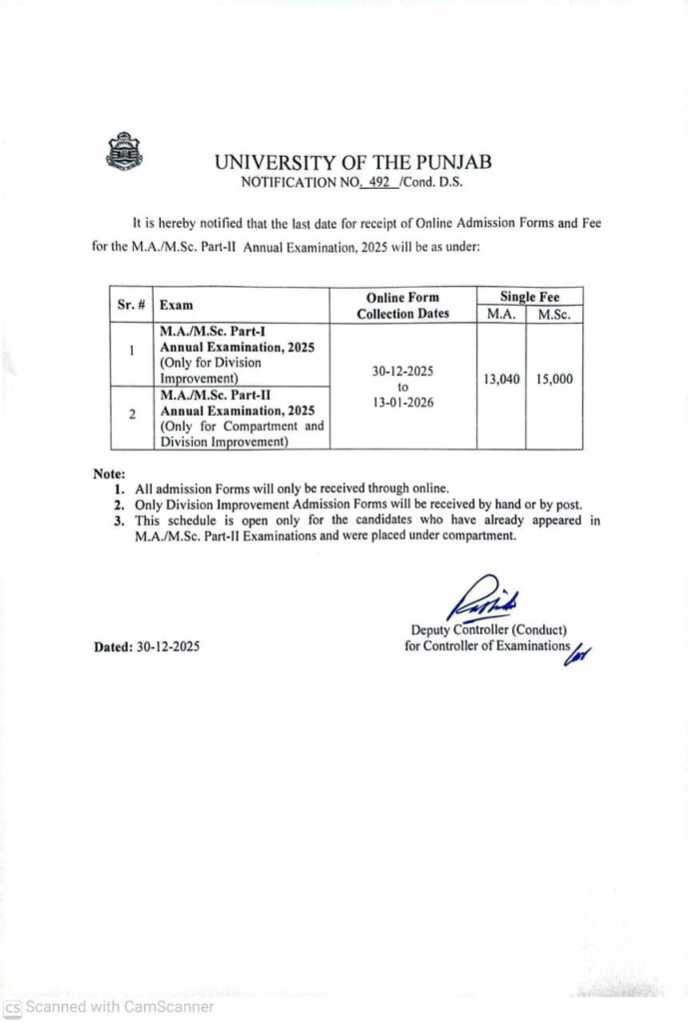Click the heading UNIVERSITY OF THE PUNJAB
coord(352,162)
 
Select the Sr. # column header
coord(131,304)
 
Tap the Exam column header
coord(177,305)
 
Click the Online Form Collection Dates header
coord(402,305)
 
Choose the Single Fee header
coord(529,297)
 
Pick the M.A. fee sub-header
coord(500,313)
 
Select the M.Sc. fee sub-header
coord(554,313)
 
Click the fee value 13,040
coord(500,380)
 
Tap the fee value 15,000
coord(554,380)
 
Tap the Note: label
coord(109,473)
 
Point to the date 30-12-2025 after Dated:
coord(168,646)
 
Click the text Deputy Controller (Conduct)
coord(488,629)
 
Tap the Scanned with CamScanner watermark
coord(109,1006)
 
